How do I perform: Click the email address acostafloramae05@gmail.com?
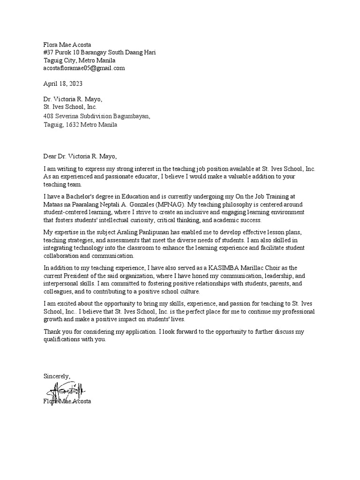click(84, 68)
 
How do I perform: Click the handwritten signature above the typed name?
click(66, 390)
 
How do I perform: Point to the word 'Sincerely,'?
click(57, 376)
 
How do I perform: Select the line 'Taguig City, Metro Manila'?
click(79, 60)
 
